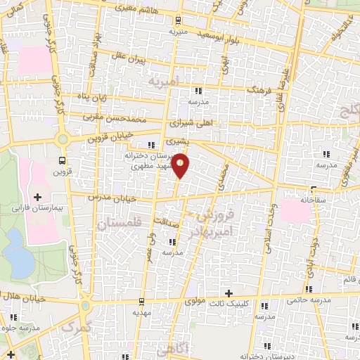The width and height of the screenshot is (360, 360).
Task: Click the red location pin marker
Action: (181, 165)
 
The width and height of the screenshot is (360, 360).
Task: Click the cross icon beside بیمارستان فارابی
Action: (38, 196)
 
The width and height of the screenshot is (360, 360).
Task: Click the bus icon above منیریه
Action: (178, 20)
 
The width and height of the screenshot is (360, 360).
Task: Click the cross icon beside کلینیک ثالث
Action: (228, 292)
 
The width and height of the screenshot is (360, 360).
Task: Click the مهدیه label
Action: (143, 311)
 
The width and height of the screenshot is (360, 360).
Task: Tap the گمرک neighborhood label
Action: (77, 328)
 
